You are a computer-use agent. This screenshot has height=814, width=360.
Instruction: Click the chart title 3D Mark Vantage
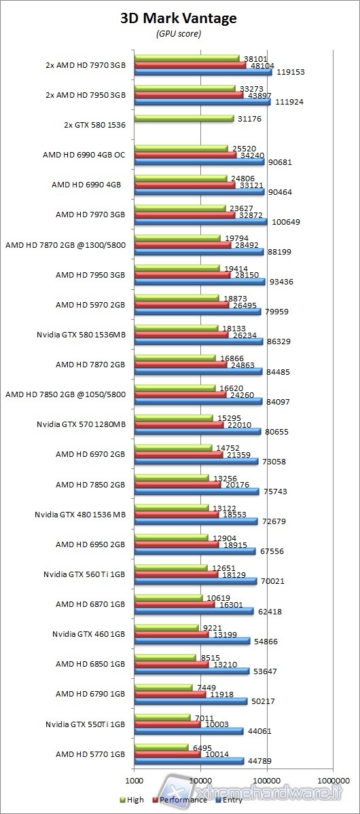[x=179, y=18]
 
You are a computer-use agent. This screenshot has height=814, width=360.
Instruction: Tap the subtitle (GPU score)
[x=178, y=33]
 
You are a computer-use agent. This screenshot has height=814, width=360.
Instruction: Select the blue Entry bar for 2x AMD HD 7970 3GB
[x=203, y=71]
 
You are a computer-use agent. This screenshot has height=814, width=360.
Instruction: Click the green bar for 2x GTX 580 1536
[x=183, y=118]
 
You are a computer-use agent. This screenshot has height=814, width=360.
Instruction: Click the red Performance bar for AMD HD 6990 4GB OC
[x=185, y=155]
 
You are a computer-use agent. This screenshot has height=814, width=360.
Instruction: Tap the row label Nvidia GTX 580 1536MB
[x=81, y=334]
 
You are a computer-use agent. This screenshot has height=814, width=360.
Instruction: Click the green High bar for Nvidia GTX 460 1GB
[x=166, y=628]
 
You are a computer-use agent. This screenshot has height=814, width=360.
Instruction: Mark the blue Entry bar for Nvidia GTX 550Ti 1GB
[x=189, y=731]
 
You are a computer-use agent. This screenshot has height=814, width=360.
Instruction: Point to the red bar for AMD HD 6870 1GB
[x=175, y=604]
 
